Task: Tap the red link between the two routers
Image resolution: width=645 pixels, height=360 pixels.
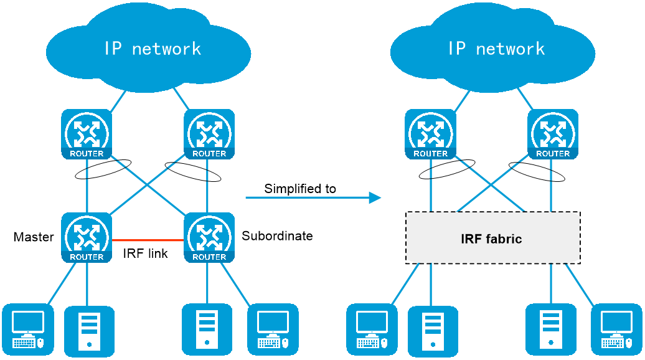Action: coord(148,240)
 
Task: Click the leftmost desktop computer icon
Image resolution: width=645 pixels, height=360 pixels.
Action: coord(28,329)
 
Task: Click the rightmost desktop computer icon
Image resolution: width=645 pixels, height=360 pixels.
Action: coord(616,329)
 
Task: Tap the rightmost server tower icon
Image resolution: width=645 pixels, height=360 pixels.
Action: coord(551,329)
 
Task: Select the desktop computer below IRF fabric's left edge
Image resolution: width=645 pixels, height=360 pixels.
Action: coord(372,329)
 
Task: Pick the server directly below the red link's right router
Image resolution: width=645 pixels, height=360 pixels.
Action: coord(207,329)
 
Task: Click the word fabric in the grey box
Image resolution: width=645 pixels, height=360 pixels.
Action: coord(505,239)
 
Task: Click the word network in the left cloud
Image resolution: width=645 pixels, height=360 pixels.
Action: coord(167,49)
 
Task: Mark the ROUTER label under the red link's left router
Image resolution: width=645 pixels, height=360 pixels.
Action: coord(87,257)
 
